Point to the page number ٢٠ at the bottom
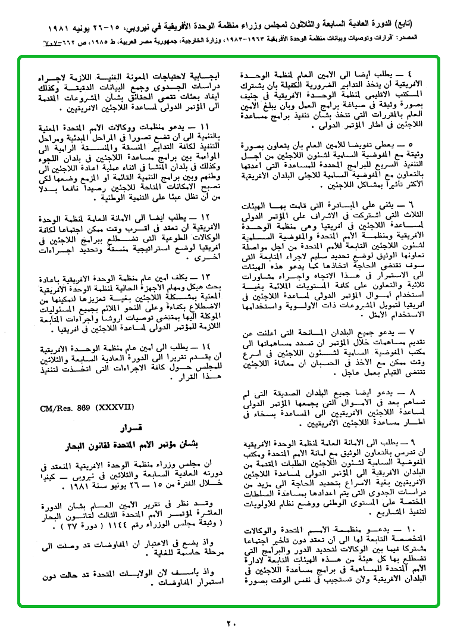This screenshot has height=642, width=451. [231, 623]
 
